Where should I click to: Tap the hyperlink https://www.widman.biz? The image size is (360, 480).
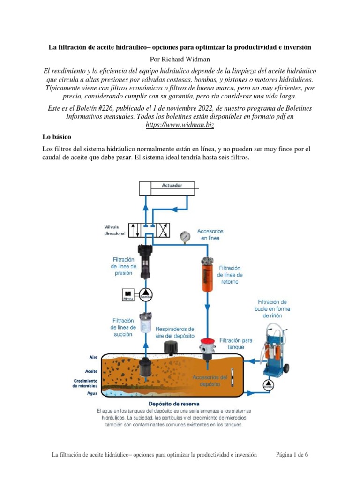(x=180, y=126)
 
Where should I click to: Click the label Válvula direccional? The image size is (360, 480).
(x=115, y=230)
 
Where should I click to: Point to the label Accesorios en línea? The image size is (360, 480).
(x=210, y=234)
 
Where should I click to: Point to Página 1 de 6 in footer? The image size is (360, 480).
(x=292, y=455)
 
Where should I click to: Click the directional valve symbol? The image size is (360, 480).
(x=150, y=230)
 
